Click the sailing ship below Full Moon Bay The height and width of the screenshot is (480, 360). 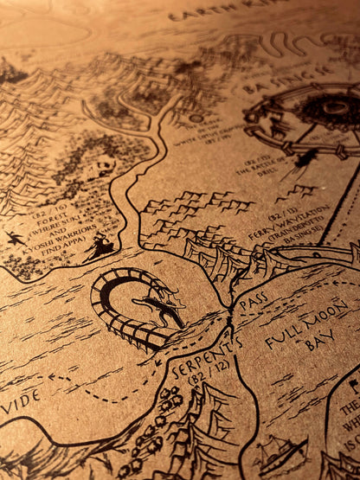281,451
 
